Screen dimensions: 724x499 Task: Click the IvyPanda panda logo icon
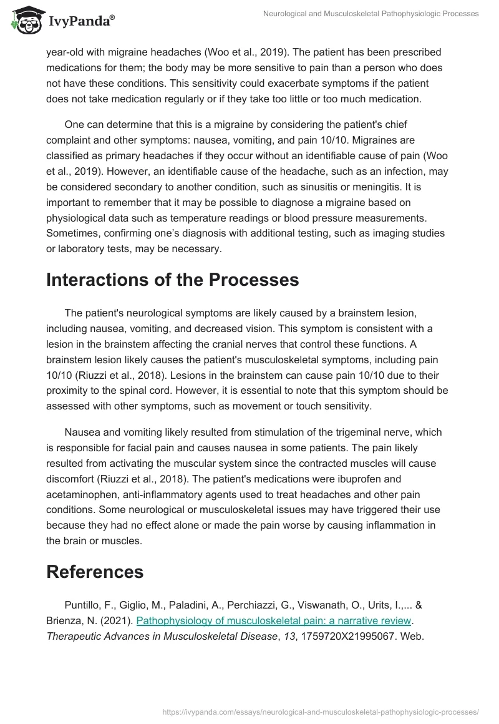click(x=25, y=21)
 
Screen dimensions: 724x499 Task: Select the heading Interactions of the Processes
click(x=172, y=280)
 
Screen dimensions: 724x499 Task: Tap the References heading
click(x=95, y=571)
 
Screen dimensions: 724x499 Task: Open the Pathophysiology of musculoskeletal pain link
click(x=274, y=620)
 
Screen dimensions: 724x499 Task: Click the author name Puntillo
click(x=85, y=605)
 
